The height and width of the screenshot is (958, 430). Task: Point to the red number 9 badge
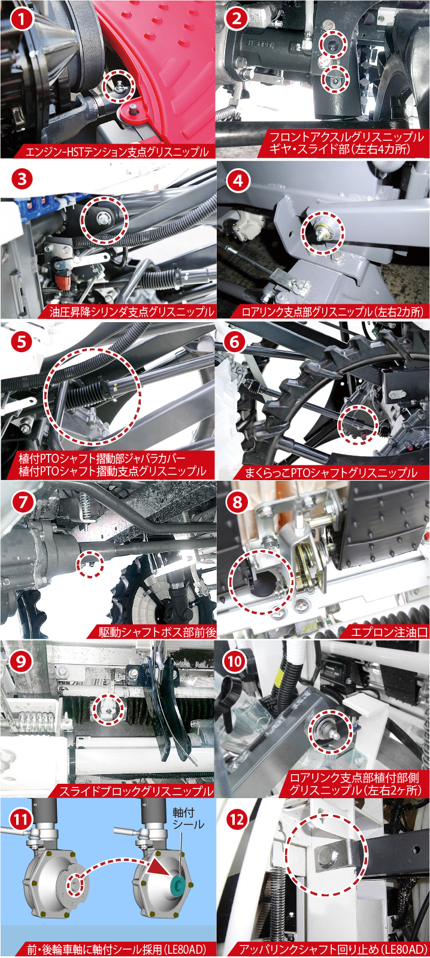pyautogui.click(x=21, y=662)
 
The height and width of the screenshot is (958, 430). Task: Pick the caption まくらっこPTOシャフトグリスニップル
pyautogui.click(x=331, y=472)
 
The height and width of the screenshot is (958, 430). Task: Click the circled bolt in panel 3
pyautogui.click(x=104, y=218)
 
